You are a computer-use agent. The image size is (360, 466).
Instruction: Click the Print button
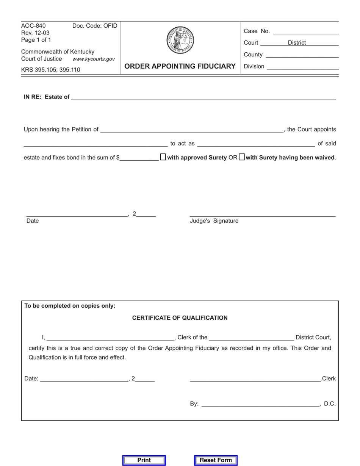tap(144, 460)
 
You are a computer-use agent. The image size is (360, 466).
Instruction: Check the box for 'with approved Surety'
tap(163, 157)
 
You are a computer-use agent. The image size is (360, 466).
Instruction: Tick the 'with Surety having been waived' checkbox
tap(242, 157)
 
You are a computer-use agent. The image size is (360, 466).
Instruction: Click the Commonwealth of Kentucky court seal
tap(180, 40)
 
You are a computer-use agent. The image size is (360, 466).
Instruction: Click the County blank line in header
tap(302, 55)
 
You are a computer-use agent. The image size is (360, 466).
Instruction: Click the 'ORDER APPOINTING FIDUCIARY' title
tap(180, 66)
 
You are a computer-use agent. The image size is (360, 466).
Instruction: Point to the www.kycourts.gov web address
tap(93, 59)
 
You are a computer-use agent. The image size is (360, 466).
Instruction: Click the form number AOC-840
tap(33, 26)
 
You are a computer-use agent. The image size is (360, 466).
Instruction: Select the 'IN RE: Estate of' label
tap(47, 97)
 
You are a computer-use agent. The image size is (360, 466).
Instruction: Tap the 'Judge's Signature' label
tap(214, 221)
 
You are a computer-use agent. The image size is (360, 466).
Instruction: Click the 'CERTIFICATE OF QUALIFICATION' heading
tap(180, 318)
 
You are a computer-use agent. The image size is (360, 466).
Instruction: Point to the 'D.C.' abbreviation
tap(330, 404)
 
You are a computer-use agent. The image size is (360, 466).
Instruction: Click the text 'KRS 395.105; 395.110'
tap(51, 70)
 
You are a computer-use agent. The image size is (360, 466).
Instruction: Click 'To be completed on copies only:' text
tap(70, 306)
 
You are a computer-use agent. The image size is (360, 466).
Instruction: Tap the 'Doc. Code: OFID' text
tap(95, 26)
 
